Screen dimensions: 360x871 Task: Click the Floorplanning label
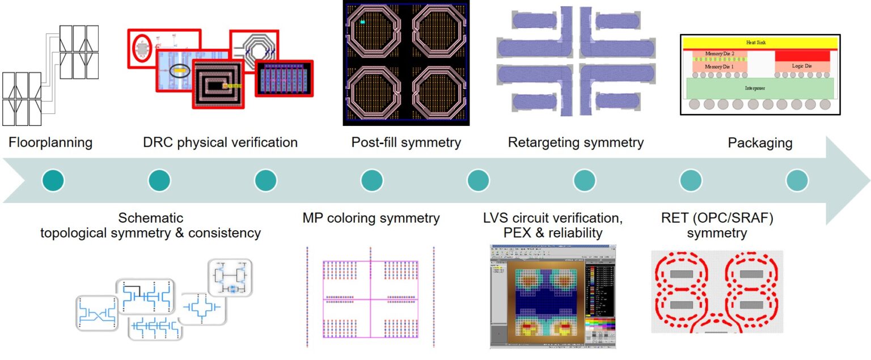point(50,142)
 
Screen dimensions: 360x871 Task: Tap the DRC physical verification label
point(221,142)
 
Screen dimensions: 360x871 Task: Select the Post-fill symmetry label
point(406,142)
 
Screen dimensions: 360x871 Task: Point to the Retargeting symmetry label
point(576,142)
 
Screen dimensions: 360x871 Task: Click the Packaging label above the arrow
point(760,142)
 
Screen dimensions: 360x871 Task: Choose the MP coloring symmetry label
point(371,218)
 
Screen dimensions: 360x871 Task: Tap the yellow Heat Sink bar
point(760,43)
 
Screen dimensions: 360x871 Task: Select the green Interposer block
point(760,88)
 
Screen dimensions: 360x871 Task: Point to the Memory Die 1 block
point(719,66)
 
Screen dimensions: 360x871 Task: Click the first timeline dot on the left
point(53,181)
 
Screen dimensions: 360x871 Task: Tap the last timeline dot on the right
point(797,181)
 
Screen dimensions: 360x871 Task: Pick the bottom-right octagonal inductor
point(438,93)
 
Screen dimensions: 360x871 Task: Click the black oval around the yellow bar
point(180,71)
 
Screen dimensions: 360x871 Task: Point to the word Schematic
point(151,218)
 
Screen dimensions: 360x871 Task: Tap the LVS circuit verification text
point(553,218)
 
